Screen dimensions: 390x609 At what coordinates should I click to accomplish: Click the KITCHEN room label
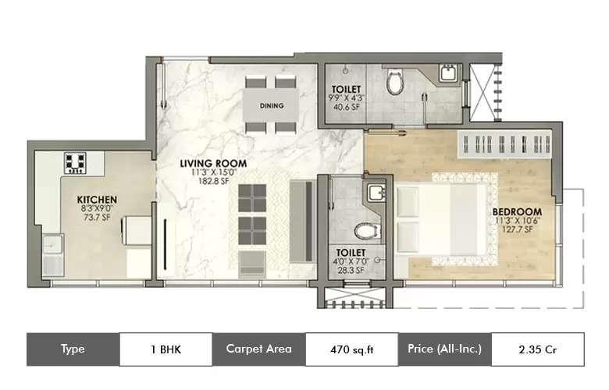click(97, 200)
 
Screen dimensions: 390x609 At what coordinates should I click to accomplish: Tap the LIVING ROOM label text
click(214, 164)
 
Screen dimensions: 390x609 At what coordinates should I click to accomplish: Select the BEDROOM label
click(516, 211)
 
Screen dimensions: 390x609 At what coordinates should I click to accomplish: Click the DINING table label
click(272, 105)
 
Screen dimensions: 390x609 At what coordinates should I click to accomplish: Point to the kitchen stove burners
click(76, 162)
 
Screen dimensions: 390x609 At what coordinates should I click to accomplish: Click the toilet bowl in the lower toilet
click(364, 231)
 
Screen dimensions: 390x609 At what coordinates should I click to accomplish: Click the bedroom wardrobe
click(507, 146)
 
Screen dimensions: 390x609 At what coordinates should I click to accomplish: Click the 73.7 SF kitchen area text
click(97, 218)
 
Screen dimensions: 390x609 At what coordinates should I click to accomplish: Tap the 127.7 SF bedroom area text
click(516, 230)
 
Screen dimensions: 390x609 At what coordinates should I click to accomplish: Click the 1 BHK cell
click(166, 349)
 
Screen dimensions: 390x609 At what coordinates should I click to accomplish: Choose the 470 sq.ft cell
click(351, 349)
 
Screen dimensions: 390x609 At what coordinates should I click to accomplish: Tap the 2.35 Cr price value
click(536, 349)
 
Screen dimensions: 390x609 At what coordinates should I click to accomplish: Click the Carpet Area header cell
click(258, 349)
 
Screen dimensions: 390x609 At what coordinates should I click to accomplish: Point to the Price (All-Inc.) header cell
click(444, 349)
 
